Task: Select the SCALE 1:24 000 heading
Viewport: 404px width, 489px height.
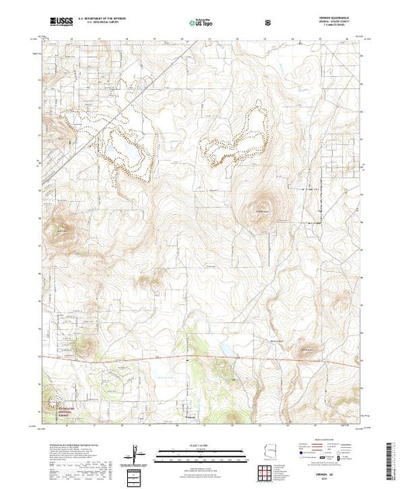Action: pyautogui.click(x=200, y=445)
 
